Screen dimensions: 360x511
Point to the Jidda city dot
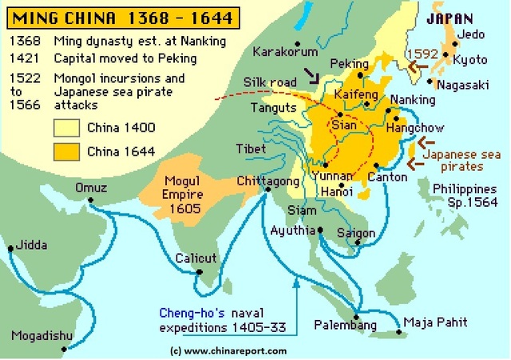(x=11, y=249)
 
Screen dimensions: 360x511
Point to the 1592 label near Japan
(x=421, y=53)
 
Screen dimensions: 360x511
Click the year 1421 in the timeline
(x=24, y=58)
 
